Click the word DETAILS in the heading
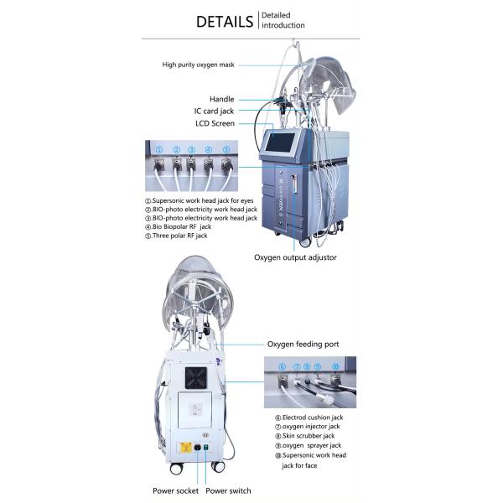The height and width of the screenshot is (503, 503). pyautogui.click(x=224, y=21)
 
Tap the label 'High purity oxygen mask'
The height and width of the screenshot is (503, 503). pyautogui.click(x=198, y=65)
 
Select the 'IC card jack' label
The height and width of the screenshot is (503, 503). pyautogui.click(x=215, y=111)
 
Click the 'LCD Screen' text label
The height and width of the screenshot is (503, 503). pyautogui.click(x=214, y=123)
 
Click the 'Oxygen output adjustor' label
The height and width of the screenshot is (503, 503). pyautogui.click(x=295, y=257)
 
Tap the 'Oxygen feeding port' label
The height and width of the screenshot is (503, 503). pyautogui.click(x=303, y=345)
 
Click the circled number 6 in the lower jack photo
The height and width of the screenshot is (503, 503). pyautogui.click(x=283, y=367)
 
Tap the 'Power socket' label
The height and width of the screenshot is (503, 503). pyautogui.click(x=175, y=490)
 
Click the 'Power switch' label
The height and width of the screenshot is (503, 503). pyautogui.click(x=228, y=490)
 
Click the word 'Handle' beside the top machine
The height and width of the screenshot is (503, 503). pyautogui.click(x=222, y=99)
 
